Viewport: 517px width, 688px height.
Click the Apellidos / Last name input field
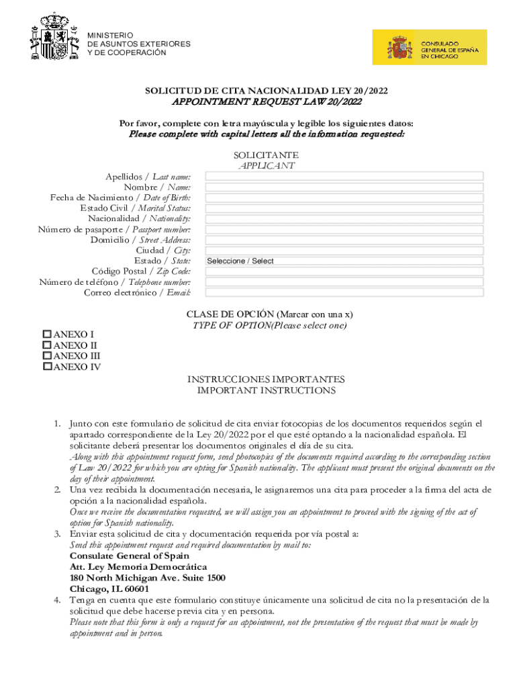[x=344, y=177]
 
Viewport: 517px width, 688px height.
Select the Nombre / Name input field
[x=344, y=187]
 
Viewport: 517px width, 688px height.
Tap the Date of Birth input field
[x=344, y=198]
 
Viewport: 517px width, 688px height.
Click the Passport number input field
[x=344, y=229]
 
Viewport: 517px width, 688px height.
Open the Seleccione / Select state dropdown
[x=344, y=261]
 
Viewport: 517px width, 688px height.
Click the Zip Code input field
[x=344, y=271]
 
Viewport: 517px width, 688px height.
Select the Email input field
[x=344, y=292]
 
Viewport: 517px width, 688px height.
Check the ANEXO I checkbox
[x=47, y=334]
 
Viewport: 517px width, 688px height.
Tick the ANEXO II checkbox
[x=47, y=345]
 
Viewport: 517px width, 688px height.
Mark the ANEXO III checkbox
[x=47, y=355]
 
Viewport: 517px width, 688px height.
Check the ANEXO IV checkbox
[x=47, y=366]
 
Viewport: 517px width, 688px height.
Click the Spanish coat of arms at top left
[x=54, y=37]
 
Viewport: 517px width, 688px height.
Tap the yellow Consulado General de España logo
[x=430, y=47]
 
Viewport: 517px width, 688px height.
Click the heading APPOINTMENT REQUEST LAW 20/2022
[x=267, y=102]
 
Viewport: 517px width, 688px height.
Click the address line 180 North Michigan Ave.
[x=147, y=578]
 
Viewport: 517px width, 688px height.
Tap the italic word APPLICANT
[x=266, y=165]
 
